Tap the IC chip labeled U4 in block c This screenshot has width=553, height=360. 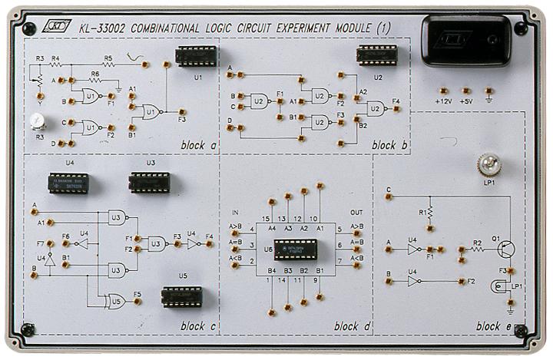(69, 183)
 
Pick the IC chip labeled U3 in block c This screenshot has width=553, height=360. (150, 183)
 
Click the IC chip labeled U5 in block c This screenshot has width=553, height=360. (182, 296)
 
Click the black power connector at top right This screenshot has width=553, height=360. (465, 41)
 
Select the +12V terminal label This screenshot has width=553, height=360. (443, 101)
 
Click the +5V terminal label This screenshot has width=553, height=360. (466, 101)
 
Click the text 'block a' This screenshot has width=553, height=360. (198, 144)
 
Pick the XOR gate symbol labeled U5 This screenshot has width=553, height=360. (117, 300)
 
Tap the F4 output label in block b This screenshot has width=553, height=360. (396, 101)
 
